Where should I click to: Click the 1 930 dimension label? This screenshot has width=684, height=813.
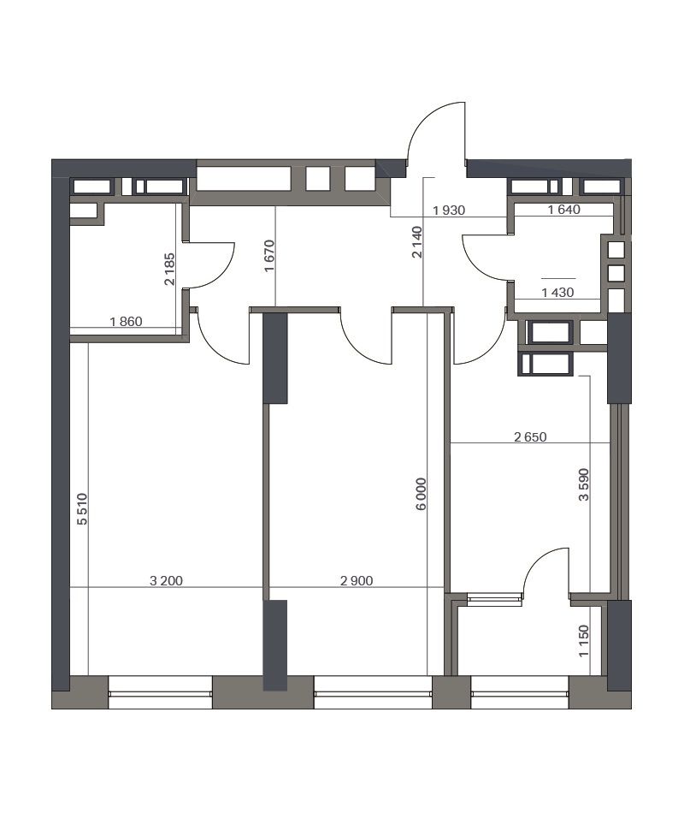point(449,211)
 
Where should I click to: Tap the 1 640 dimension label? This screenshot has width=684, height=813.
point(563,210)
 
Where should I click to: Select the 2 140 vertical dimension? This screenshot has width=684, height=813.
point(417,241)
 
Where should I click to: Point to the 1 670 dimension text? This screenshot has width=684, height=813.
point(268,256)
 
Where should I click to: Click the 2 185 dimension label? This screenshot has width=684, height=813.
point(169,269)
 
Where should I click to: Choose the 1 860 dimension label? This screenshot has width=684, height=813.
point(126,322)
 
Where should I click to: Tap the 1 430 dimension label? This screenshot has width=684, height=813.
point(557,293)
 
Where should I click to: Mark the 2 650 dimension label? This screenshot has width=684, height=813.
point(530,437)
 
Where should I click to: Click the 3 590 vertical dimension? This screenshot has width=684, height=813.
point(584,484)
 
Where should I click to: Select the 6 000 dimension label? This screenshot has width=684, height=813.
point(422,494)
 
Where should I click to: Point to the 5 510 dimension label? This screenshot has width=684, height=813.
point(82,509)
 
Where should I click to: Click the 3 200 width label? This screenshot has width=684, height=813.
point(166,581)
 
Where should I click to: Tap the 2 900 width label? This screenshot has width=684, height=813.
point(357,581)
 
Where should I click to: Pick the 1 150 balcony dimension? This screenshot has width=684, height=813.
point(584,641)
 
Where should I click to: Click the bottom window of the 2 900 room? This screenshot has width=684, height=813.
point(373,692)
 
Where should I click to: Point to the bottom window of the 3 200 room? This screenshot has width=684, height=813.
point(161,692)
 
